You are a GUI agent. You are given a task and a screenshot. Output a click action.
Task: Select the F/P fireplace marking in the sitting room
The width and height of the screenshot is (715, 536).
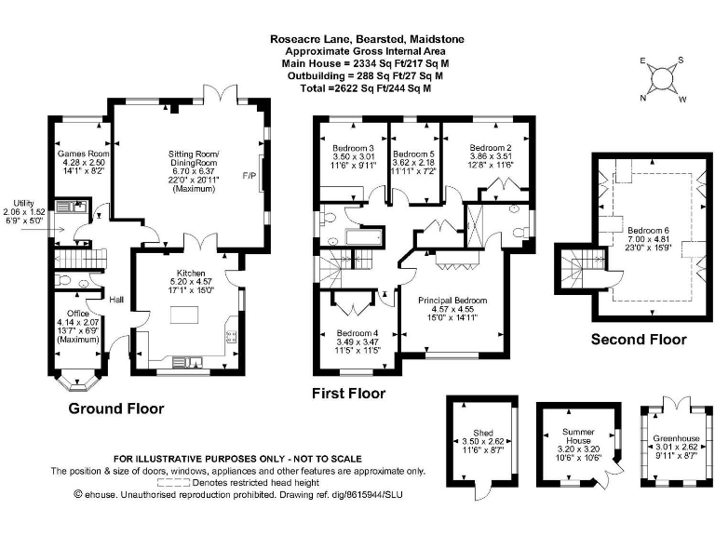[249, 175]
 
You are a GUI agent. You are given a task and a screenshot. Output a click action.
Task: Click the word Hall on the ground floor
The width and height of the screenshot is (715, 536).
[116, 300]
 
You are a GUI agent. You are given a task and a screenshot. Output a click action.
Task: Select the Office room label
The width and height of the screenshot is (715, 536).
[74, 314]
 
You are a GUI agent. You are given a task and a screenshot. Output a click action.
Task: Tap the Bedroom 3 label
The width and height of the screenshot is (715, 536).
[353, 149]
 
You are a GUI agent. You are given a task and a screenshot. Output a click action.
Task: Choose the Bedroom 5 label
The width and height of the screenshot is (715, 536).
[412, 154]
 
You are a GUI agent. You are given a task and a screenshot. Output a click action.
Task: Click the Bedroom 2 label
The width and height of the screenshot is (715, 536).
[492, 148]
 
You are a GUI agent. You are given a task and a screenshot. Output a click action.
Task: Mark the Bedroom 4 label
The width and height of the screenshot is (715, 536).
[356, 333]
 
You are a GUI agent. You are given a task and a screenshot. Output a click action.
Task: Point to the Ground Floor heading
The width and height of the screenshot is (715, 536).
[116, 409]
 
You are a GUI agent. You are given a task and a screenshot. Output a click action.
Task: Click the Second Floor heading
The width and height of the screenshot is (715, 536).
[639, 340]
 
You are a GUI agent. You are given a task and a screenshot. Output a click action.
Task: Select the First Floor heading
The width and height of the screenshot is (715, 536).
[348, 394]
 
